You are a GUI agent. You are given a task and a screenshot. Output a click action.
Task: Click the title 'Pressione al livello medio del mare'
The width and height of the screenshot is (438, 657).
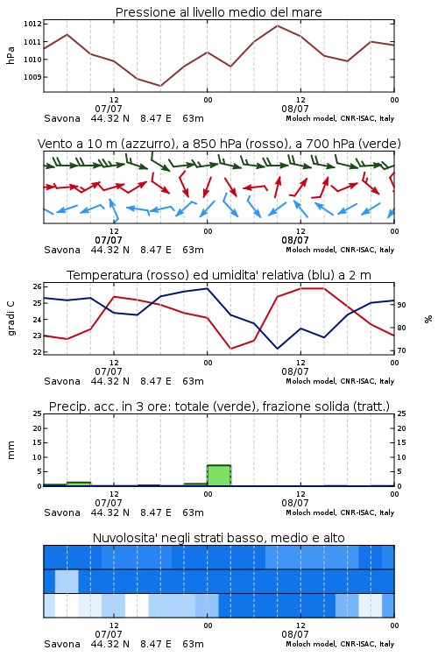click(x=218, y=12)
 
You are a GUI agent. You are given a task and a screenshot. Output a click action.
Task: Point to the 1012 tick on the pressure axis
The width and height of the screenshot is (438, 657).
click(x=32, y=24)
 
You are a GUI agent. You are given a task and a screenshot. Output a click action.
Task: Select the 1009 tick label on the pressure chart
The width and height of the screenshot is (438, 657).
click(x=32, y=77)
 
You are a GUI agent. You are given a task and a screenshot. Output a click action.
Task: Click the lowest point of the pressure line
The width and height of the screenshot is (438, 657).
click(x=160, y=86)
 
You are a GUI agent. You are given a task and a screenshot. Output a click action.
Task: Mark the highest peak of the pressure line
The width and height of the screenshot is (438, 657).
click(x=277, y=25)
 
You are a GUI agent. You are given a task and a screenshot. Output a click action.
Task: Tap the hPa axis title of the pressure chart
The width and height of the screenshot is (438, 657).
click(x=11, y=55)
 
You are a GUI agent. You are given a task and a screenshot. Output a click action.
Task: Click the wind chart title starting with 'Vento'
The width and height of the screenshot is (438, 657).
click(x=219, y=144)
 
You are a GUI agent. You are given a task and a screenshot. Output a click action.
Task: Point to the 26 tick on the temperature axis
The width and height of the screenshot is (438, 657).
click(x=38, y=287)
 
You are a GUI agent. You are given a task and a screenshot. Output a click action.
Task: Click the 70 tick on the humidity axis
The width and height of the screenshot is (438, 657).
click(x=401, y=350)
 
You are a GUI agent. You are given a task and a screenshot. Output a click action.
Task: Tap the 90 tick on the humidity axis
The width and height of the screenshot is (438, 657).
click(x=401, y=305)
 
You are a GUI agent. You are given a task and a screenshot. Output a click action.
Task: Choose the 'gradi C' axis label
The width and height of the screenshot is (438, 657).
click(x=11, y=319)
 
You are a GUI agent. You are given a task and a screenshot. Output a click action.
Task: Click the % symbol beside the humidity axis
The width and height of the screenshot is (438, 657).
click(x=428, y=319)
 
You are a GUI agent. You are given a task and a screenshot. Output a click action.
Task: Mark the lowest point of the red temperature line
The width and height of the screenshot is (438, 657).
click(x=231, y=349)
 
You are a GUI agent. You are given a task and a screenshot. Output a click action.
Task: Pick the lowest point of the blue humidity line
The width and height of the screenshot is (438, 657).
click(x=277, y=349)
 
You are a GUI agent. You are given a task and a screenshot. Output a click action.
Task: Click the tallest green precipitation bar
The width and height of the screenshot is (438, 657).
click(x=219, y=476)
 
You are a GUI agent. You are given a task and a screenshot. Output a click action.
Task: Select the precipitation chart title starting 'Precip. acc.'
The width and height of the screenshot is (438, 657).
click(x=219, y=406)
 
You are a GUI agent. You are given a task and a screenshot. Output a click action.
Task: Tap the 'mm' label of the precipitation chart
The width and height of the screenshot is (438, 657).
click(x=11, y=450)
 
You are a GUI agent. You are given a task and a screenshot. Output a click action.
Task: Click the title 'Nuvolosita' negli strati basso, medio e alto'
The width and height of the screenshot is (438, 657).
click(x=219, y=538)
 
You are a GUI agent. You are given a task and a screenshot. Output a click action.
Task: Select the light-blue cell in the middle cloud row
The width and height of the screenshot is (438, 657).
click(x=67, y=581)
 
